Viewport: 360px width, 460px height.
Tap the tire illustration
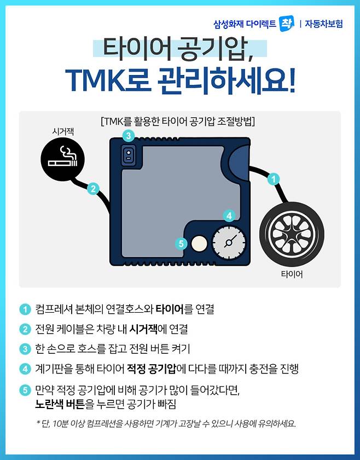292,234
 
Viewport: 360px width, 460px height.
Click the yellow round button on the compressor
199,244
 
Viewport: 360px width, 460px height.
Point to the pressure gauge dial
229,242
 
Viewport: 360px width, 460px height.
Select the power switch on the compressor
129,155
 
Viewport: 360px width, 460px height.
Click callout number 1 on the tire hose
274,179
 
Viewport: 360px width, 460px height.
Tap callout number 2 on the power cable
93,188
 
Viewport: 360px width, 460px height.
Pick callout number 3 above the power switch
129,136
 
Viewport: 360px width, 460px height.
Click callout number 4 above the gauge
229,216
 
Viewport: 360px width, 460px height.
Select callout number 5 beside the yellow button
181,244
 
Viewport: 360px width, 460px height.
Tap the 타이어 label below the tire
292,274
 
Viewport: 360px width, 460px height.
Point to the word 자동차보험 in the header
324,24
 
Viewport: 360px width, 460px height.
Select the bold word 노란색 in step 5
49,404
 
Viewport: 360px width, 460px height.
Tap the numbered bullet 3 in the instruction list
25,349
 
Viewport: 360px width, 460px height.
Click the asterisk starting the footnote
38,422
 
